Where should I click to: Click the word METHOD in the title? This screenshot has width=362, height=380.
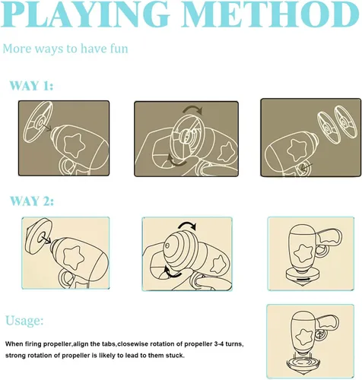(271, 14)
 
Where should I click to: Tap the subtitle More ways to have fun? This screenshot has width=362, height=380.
(65, 49)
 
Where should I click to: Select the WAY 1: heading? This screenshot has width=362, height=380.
(31, 86)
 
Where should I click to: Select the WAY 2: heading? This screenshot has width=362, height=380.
(32, 201)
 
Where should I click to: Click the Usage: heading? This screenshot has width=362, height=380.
(24, 321)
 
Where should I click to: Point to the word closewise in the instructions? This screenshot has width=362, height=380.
(134, 344)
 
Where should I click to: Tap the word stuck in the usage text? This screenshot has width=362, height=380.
(175, 356)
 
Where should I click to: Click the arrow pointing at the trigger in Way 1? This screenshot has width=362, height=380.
(306, 167)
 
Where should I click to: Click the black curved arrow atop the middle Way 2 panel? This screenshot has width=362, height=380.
(188, 225)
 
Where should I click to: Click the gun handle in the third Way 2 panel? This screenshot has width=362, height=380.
(330, 237)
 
